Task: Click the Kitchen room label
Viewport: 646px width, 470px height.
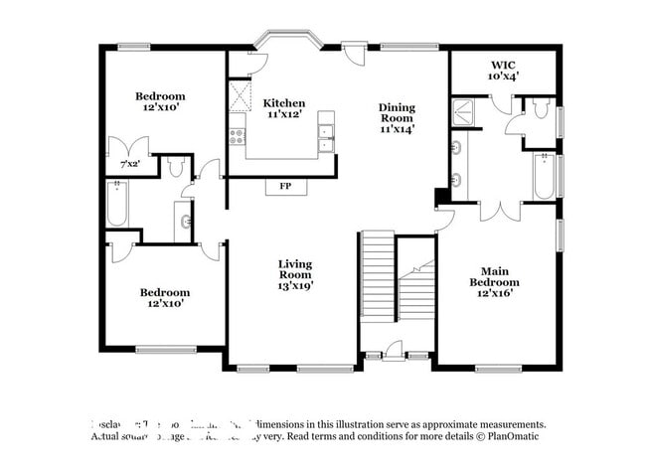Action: pyautogui.click(x=283, y=103)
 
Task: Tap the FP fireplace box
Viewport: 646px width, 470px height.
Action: pyautogui.click(x=285, y=187)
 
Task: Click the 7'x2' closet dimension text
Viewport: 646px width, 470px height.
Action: pyautogui.click(x=129, y=164)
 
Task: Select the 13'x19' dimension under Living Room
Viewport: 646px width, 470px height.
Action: pyautogui.click(x=294, y=286)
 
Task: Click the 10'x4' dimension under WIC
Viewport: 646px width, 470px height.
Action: pyautogui.click(x=503, y=76)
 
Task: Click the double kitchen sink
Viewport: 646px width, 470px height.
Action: pyautogui.click(x=326, y=137)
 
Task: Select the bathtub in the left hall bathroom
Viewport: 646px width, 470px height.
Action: pyautogui.click(x=116, y=207)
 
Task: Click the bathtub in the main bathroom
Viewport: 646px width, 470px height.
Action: pyautogui.click(x=542, y=177)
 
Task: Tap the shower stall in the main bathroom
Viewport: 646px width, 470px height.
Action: pyautogui.click(x=465, y=113)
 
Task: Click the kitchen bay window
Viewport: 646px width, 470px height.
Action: pyautogui.click(x=286, y=41)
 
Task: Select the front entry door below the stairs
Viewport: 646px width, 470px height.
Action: pyautogui.click(x=394, y=350)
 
